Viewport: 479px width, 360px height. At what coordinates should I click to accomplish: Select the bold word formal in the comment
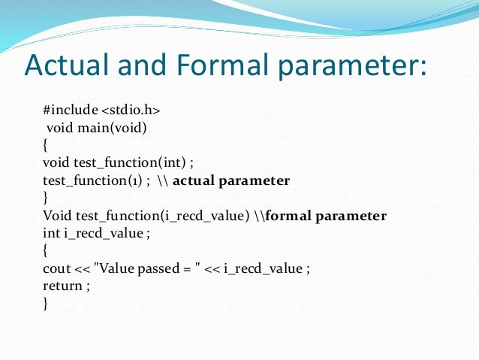point(288,216)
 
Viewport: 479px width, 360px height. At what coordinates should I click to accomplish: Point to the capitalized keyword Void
point(56,216)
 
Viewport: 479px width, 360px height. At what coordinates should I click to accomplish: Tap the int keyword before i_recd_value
point(50,234)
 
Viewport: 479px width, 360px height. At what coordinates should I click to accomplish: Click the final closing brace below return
point(46,304)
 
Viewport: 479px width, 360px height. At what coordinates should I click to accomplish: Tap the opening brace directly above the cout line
point(46,252)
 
